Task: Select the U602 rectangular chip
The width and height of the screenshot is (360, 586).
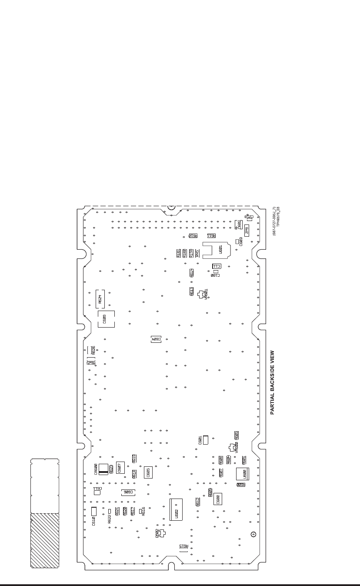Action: [176, 509]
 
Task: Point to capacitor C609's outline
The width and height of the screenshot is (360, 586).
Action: [106, 319]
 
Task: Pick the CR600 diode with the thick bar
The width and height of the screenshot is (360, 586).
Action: [103, 469]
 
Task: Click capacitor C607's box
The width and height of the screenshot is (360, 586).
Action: [121, 468]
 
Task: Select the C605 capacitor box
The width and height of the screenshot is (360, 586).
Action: [148, 473]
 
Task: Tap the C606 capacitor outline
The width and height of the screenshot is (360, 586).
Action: [128, 492]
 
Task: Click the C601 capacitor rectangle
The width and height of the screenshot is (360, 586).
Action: [206, 440]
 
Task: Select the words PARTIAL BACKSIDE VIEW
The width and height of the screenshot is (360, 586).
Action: [273, 382]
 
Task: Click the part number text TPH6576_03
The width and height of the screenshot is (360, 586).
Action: [277, 221]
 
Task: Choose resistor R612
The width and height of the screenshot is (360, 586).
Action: [198, 502]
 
